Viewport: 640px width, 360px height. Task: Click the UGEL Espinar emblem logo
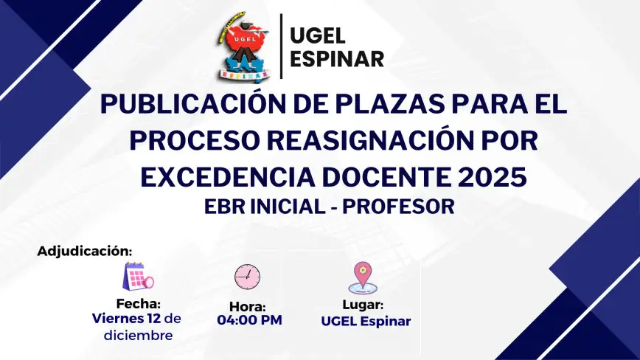coord(244,46)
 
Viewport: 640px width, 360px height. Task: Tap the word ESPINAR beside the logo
coord(337,59)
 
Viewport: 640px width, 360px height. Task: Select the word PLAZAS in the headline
coord(390,104)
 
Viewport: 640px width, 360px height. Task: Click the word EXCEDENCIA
coord(228,177)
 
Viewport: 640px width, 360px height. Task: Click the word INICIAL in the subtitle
coord(288,207)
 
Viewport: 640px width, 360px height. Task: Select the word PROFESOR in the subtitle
coord(398,207)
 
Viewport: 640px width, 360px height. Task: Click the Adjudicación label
coord(85,251)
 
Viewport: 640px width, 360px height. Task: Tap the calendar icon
coord(139,277)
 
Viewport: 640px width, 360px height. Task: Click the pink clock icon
coord(247,277)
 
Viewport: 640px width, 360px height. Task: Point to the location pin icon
coord(363,277)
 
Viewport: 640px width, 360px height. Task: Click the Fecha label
coord(139,304)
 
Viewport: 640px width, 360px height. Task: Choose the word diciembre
coord(138,336)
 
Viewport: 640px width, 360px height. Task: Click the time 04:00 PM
coord(249,320)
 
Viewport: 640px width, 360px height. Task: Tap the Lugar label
coord(363,305)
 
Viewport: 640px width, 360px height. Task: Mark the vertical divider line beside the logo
coord(281,46)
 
